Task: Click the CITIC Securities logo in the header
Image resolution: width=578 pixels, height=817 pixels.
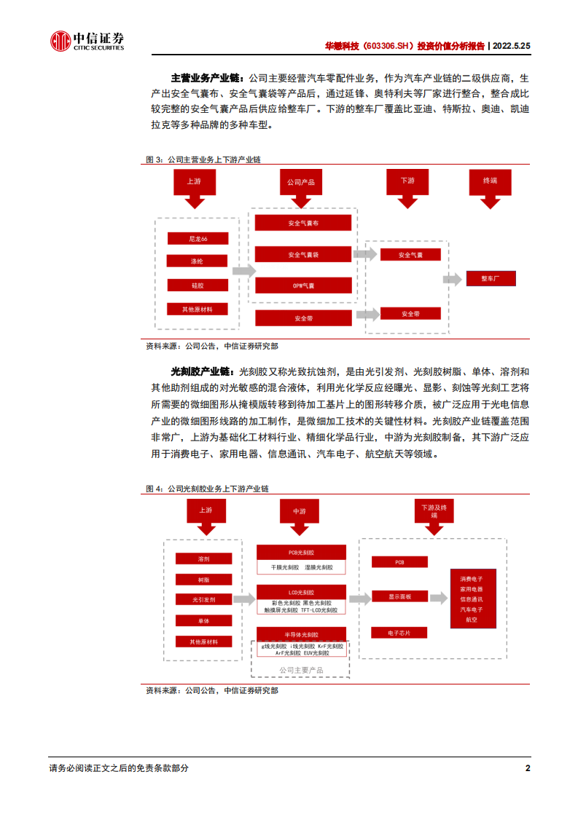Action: point(87,42)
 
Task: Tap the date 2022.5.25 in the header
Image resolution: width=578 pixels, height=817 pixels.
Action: point(511,45)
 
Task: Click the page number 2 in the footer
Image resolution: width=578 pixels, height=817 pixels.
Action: point(527,768)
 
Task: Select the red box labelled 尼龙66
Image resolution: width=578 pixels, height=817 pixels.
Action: point(198,239)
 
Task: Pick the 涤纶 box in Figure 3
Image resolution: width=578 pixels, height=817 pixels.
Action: point(198,261)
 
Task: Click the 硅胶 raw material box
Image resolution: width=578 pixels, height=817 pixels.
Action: point(198,285)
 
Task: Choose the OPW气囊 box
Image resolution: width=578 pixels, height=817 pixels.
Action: point(303,285)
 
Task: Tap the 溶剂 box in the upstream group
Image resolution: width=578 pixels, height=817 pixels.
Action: point(204,559)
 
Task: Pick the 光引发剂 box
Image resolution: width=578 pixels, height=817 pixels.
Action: point(204,600)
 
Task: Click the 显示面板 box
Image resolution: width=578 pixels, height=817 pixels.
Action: point(399,597)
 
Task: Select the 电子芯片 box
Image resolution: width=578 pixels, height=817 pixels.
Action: point(399,633)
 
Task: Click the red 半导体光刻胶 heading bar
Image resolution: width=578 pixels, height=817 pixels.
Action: point(301,634)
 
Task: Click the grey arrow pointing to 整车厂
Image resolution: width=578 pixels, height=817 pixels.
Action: point(453,279)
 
